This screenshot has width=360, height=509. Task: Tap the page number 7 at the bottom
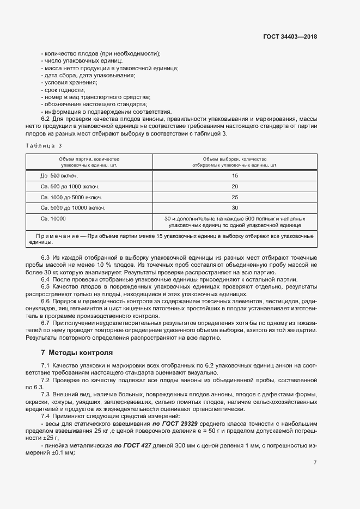pyautogui.click(x=315, y=463)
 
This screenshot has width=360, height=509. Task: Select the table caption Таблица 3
pyautogui.click(x=44, y=145)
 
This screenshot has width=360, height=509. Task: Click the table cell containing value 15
pyautogui.click(x=235, y=176)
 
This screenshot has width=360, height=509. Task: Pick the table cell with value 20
pyautogui.click(x=235, y=186)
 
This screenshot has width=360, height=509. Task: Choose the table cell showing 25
pyautogui.click(x=235, y=197)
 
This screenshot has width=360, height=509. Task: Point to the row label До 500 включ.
pyautogui.click(x=59, y=176)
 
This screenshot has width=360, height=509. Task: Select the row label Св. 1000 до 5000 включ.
pyautogui.click(x=71, y=197)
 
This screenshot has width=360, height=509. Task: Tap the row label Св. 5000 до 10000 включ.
pyautogui.click(x=72, y=207)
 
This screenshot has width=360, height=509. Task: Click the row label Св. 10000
pyautogui.click(x=53, y=218)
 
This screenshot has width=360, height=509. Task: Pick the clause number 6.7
pyautogui.click(x=46, y=323)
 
